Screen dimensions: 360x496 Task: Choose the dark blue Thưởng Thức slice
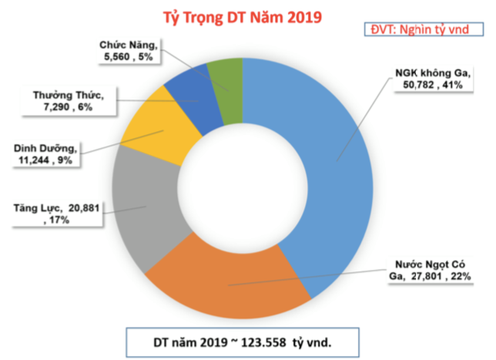tap(189, 96)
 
